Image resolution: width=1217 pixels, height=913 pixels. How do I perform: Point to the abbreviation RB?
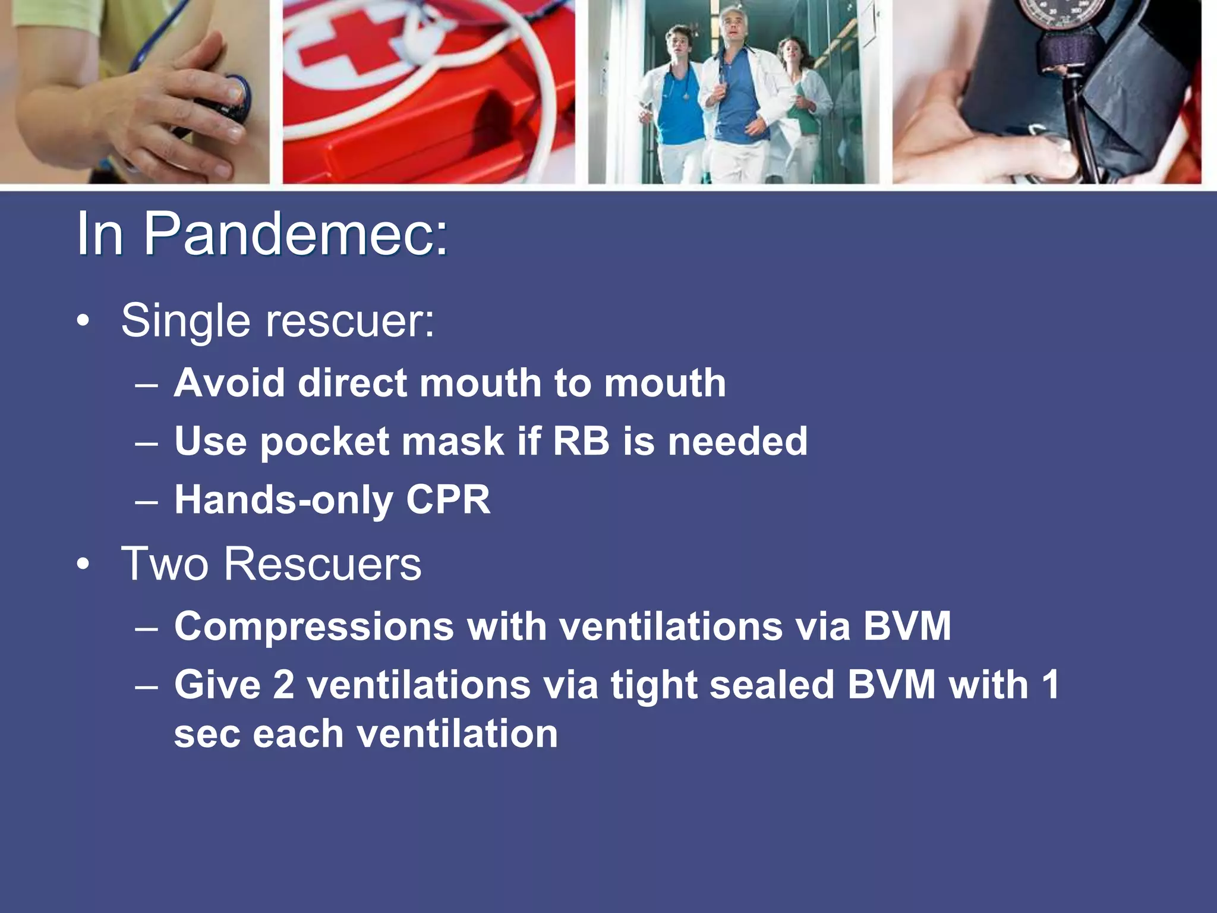(x=581, y=441)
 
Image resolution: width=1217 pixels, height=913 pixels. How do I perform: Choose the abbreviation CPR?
(x=448, y=499)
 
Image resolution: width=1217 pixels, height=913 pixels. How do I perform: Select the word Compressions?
(x=314, y=627)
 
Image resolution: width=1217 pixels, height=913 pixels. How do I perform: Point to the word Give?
(x=217, y=685)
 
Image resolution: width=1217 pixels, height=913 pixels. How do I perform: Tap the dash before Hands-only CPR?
(x=146, y=500)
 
